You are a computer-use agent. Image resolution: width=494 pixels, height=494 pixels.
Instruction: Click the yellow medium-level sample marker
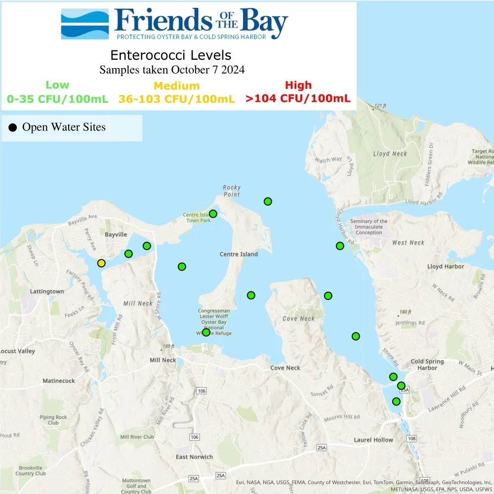(101, 263)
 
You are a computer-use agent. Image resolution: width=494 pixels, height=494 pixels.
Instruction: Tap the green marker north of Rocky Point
(268, 201)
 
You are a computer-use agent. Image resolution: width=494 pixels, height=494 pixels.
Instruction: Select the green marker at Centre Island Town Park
(213, 214)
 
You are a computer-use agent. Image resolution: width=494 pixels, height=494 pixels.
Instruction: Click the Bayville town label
(116, 234)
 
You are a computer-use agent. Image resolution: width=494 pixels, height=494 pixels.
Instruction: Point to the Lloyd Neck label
(390, 154)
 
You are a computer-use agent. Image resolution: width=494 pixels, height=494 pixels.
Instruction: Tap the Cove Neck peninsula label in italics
(298, 319)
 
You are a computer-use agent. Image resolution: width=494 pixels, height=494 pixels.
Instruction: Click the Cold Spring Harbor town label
(427, 365)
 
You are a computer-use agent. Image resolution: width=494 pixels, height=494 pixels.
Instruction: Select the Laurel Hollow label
(373, 440)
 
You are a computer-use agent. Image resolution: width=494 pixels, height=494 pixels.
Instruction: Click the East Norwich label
(194, 457)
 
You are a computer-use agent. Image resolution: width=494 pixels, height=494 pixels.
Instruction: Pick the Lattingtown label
(47, 291)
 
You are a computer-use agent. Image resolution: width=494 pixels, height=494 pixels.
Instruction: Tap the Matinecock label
(59, 381)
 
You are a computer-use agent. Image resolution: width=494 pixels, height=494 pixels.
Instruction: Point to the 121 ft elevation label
(379, 106)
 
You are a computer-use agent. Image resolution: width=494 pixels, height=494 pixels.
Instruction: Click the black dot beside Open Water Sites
(13, 128)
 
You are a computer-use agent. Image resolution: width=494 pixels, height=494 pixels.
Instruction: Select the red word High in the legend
(298, 85)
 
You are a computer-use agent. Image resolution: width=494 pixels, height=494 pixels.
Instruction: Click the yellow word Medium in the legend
(177, 86)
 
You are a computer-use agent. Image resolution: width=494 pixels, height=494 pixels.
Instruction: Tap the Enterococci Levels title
(170, 54)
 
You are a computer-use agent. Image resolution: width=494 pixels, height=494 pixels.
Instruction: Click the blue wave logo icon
(84, 24)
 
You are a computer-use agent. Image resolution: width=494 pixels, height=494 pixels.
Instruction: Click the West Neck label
(408, 243)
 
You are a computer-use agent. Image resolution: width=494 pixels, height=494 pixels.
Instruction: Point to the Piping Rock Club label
(53, 420)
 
